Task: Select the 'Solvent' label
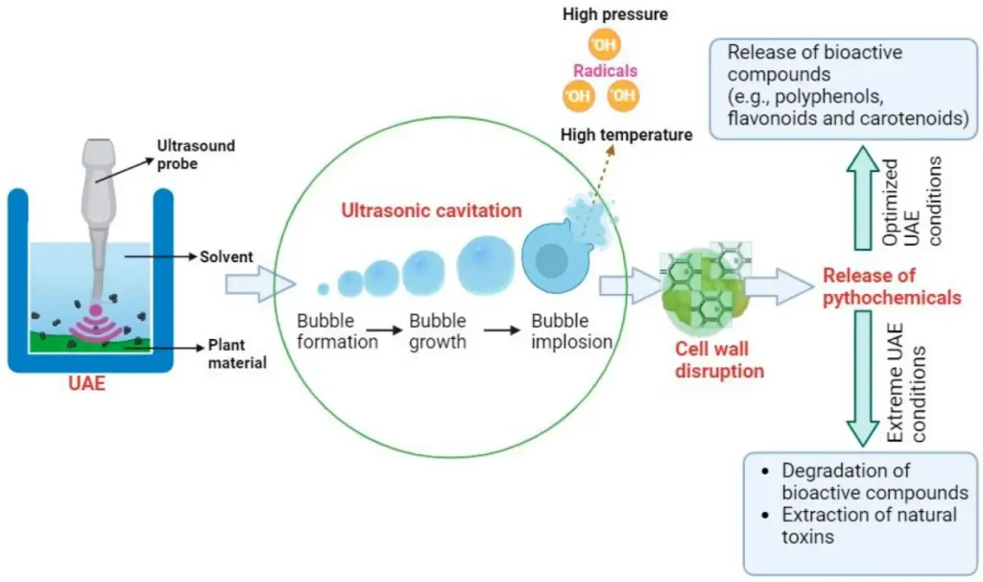[x=226, y=256]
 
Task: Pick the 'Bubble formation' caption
[x=337, y=330]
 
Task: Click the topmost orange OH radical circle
[x=604, y=43]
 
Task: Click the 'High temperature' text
[x=626, y=135]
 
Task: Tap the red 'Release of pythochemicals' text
[x=892, y=286]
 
